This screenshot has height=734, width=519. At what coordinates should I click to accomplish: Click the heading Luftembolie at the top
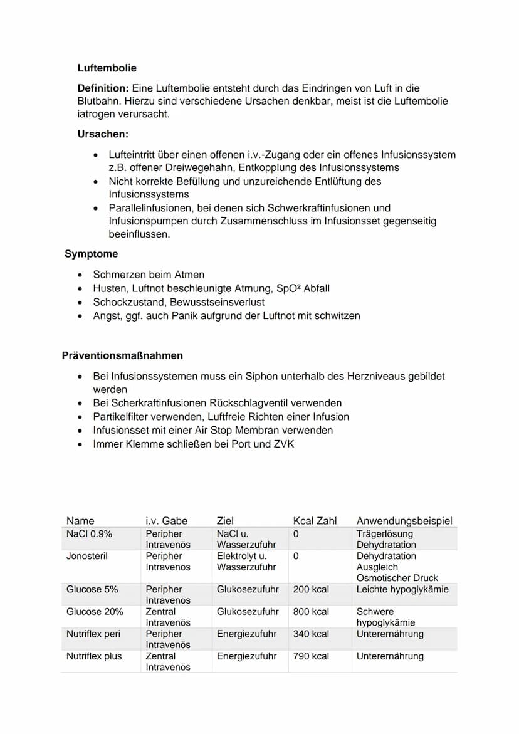click(x=107, y=68)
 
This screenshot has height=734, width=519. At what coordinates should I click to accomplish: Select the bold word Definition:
click(x=103, y=88)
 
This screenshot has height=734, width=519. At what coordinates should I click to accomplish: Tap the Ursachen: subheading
click(x=103, y=134)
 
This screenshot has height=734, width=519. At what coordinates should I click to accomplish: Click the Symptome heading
click(x=91, y=254)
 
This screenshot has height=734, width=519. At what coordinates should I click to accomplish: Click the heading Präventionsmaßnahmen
click(x=122, y=355)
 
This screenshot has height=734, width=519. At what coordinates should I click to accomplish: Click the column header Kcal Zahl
click(x=315, y=520)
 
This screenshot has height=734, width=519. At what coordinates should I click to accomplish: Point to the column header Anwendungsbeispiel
click(x=404, y=520)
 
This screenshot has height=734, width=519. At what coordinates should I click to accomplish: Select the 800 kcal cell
click(x=311, y=611)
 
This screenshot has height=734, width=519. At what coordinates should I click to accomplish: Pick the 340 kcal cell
click(x=311, y=634)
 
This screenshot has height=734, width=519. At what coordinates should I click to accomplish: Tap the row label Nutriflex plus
click(x=94, y=656)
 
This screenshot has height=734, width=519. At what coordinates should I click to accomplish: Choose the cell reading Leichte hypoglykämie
click(x=402, y=589)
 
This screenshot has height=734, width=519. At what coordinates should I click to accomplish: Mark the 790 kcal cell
click(x=311, y=656)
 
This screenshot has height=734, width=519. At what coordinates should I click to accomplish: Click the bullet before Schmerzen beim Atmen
click(x=80, y=275)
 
